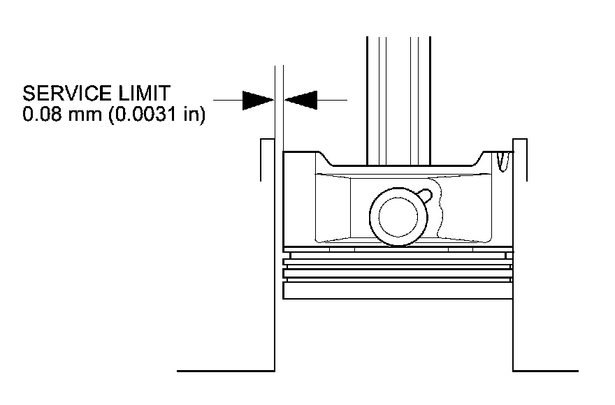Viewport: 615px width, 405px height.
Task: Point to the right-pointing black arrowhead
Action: click(x=257, y=100)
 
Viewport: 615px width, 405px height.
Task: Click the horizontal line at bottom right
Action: click(x=545, y=370)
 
